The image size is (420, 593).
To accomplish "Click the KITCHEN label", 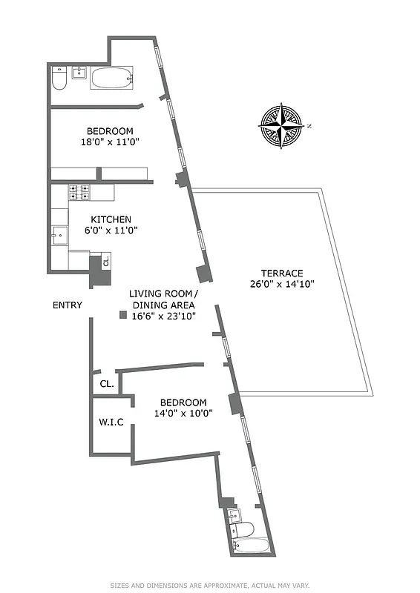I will click(111, 219).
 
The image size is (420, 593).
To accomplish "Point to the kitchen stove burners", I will click(79, 193).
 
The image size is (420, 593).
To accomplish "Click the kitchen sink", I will click(59, 235).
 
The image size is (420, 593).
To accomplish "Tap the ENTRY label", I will click(68, 305).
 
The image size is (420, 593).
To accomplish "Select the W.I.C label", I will click(111, 423).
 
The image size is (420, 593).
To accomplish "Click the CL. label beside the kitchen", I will click(106, 262).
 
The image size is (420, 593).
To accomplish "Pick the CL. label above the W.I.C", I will click(106, 384).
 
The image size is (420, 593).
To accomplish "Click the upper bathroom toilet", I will click(59, 79).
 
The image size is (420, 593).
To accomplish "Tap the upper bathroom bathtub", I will click(112, 78).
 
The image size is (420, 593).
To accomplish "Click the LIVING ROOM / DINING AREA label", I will click(163, 299).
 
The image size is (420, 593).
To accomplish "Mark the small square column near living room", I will click(122, 316).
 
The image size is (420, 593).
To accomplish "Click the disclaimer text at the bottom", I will click(210, 585).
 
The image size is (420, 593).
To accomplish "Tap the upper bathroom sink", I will click(80, 72).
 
